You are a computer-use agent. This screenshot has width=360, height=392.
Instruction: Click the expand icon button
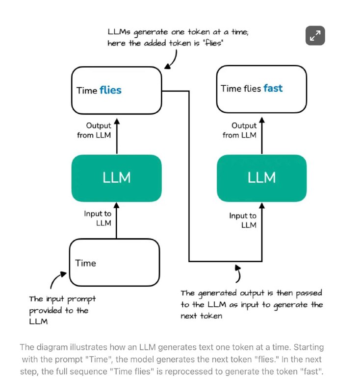click(315, 35)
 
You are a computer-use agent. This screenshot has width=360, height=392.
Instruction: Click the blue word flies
click(110, 90)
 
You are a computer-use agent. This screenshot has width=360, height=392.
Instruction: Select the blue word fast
click(273, 88)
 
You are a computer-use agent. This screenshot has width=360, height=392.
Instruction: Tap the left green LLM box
click(117, 178)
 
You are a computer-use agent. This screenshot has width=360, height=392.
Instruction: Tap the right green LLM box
click(262, 178)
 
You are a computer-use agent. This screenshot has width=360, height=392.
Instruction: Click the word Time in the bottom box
click(85, 263)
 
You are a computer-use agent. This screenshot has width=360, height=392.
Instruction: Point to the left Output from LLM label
click(94, 130)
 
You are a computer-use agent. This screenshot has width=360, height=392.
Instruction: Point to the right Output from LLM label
click(239, 130)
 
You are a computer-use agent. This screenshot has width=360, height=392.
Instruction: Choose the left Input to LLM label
click(98, 218)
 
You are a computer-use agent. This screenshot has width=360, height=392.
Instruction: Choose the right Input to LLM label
click(243, 220)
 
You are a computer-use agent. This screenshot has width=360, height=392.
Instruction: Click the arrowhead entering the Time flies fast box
click(262, 120)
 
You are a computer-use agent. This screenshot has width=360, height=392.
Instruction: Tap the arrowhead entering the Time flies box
click(117, 121)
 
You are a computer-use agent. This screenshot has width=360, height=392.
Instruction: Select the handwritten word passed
click(309, 293)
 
